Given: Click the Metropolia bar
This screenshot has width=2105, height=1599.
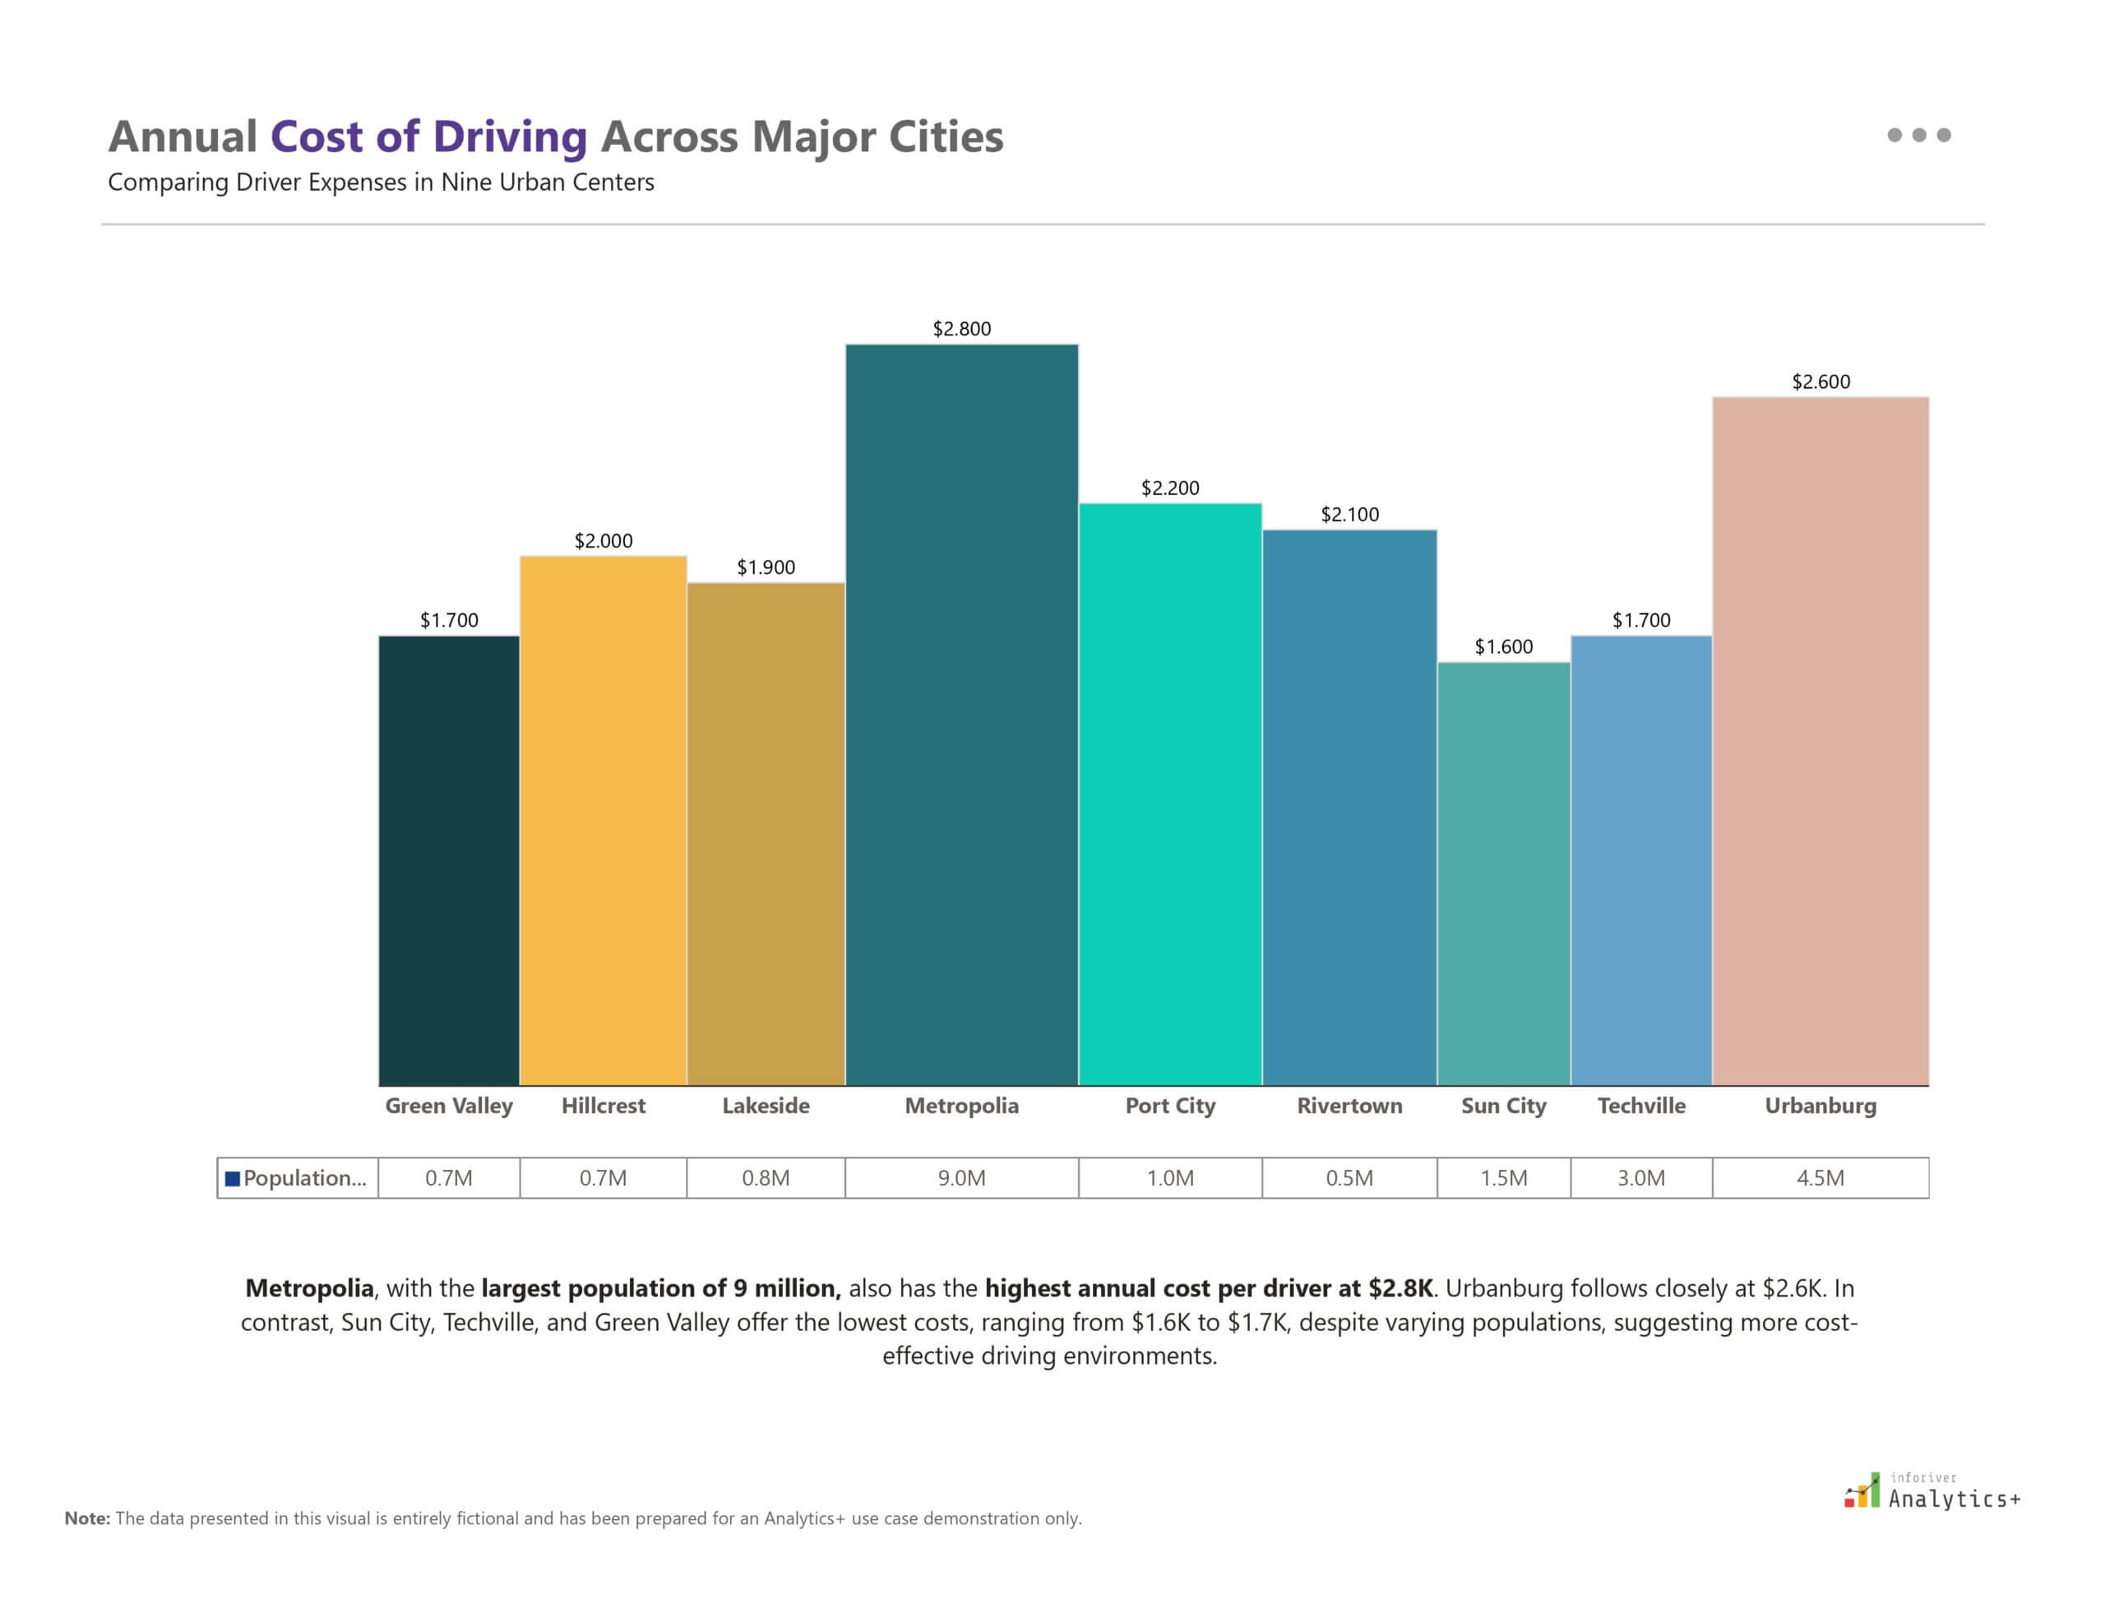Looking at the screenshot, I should (961, 714).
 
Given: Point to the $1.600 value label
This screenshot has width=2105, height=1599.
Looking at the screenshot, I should (1503, 647).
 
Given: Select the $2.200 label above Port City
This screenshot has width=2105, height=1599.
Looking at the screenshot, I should (1170, 488).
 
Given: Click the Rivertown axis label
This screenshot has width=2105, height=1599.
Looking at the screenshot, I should (1349, 1106).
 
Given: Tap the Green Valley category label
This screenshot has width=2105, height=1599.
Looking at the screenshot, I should (448, 1106).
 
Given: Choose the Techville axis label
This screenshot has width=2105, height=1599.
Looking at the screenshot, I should (1641, 1106).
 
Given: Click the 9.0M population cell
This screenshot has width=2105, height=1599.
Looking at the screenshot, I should (961, 1178).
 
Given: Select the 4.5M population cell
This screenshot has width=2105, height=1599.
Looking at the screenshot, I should (1820, 1178).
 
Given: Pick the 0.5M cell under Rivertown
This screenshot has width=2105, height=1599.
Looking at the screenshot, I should (1349, 1178).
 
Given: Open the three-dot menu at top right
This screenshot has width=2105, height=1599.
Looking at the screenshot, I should (1918, 135).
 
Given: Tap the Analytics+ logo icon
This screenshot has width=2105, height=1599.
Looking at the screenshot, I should (1862, 1490).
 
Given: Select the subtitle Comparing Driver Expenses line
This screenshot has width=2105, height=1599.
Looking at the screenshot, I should (381, 183).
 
